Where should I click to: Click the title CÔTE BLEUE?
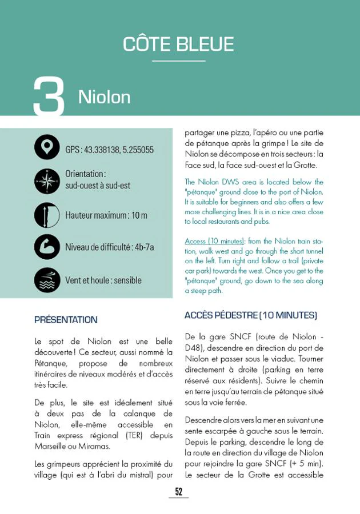tap(178, 44)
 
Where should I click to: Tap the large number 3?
tap(49, 97)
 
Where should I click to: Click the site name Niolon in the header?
tap(104, 97)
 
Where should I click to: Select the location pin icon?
tap(47, 147)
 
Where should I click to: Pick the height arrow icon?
tap(47, 215)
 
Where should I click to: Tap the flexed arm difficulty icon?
tap(47, 247)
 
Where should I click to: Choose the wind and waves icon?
tap(47, 280)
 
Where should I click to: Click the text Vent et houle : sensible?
tap(103, 280)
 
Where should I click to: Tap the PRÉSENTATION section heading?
tap(66, 320)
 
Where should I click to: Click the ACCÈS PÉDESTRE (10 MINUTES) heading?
tap(250, 315)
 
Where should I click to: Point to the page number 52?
tap(178, 492)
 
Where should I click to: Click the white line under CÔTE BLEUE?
tap(178, 61)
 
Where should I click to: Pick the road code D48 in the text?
tap(194, 348)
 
